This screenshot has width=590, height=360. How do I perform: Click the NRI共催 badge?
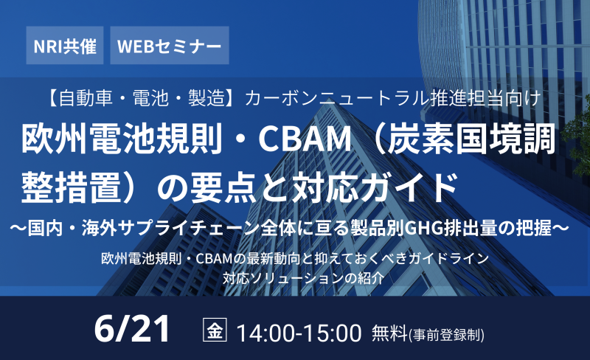point(65,45)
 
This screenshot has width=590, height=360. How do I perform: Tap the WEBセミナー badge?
point(170,45)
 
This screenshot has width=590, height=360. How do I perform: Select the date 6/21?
point(132,329)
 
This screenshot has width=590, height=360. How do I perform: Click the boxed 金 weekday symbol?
point(215,330)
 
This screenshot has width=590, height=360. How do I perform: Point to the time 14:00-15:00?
point(299,333)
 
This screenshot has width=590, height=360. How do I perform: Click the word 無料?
point(390,333)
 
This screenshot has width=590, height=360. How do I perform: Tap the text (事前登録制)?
point(447,334)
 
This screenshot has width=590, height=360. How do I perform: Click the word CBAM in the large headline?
point(305,139)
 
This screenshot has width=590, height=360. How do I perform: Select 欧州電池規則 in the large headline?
point(122,139)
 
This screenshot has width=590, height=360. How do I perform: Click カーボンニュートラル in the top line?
point(336,98)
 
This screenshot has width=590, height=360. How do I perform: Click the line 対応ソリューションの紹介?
point(303,278)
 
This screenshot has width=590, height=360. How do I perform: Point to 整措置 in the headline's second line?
point(72,187)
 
